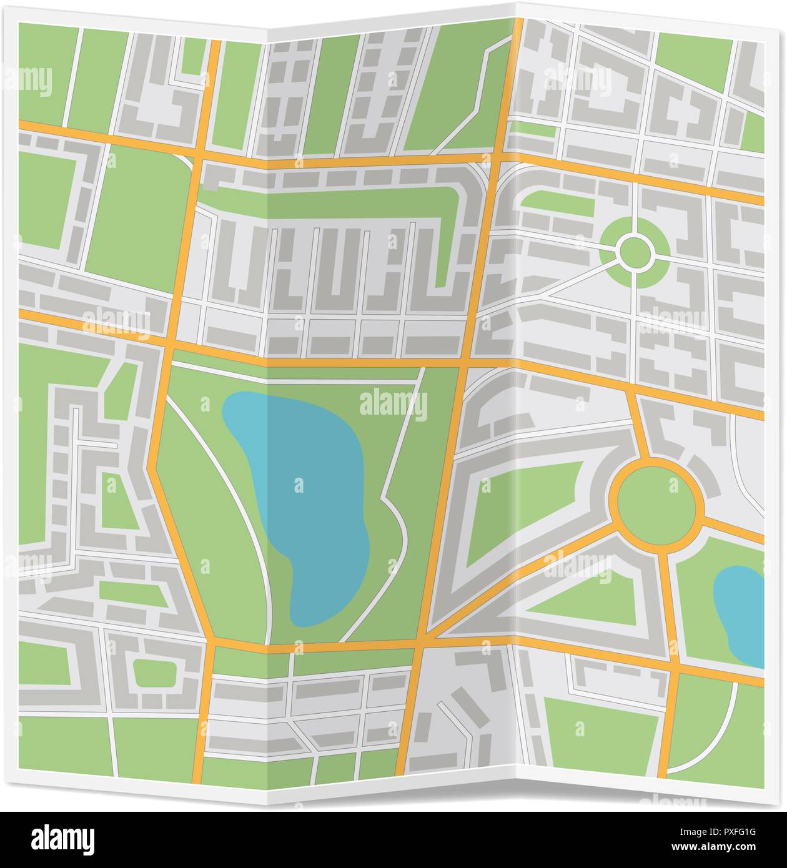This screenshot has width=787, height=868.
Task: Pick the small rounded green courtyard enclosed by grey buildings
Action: pyautogui.click(x=154, y=674)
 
